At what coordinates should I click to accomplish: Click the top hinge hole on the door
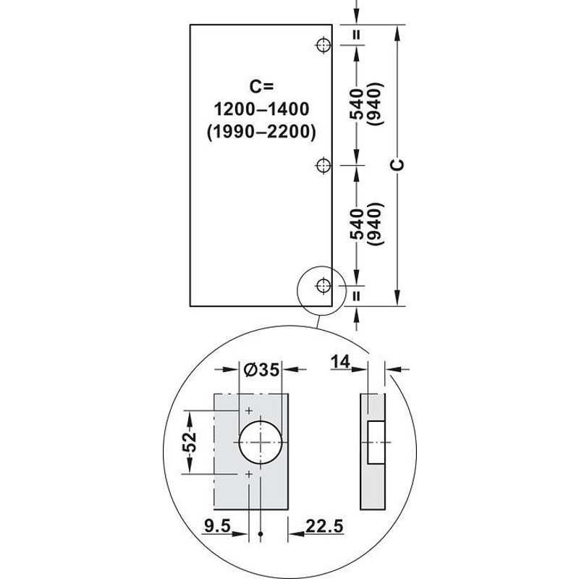[x=324, y=46]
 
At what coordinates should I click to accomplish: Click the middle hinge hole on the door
[x=324, y=165]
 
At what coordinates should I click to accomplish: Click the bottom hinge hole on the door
[x=324, y=285]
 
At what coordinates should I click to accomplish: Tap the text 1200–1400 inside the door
[x=261, y=109]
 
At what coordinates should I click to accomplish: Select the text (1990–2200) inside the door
[x=261, y=132]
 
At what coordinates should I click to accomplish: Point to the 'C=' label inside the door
[x=261, y=86]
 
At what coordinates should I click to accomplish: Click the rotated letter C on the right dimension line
[x=397, y=165]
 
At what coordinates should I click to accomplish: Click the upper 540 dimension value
[x=357, y=104]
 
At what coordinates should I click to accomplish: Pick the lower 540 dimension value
[x=357, y=224]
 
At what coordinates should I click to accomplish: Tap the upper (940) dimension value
[x=376, y=103]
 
